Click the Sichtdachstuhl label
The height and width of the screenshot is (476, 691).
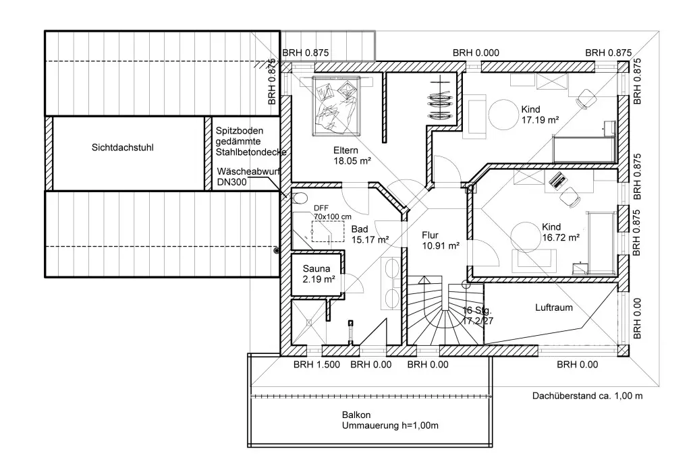click(123, 148)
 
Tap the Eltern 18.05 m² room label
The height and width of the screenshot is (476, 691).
click(352, 156)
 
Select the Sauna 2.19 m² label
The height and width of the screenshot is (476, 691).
click(319, 274)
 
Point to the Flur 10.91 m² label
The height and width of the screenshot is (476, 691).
click(441, 241)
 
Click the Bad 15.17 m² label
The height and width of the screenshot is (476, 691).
click(370, 234)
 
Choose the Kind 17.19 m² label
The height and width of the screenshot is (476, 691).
click(541, 115)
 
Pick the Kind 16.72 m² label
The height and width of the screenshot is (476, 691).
click(561, 232)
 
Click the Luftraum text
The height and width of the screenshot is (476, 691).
click(554, 307)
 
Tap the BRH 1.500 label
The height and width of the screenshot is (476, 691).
click(317, 365)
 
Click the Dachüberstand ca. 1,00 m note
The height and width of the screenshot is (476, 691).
click(587, 396)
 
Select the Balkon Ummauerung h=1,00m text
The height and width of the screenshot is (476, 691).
click(390, 420)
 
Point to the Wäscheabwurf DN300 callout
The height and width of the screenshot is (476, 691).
click(248, 177)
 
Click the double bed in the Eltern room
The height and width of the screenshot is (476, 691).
click(336, 106)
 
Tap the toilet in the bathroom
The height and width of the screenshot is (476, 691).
click(300, 198)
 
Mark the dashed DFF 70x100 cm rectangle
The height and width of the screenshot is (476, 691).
click(329, 231)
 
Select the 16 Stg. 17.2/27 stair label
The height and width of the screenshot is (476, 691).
click(477, 316)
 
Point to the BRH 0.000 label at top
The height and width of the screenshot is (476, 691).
click(476, 53)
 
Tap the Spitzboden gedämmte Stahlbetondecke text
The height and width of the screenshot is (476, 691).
click(251, 142)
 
